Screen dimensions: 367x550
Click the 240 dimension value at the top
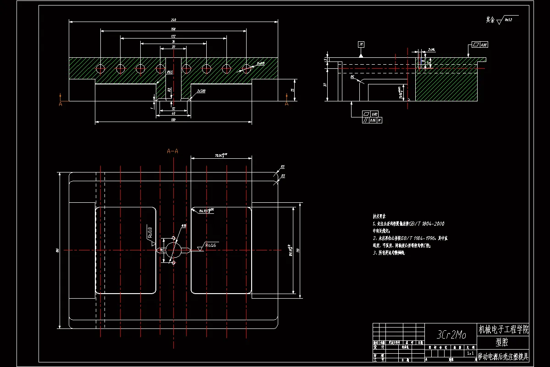tap(174, 20)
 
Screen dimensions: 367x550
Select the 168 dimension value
tap(174, 29)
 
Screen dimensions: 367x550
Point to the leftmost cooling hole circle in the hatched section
tap(100, 68)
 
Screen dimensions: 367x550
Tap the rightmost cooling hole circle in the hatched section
tap(247, 68)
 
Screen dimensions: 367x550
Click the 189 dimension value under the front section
tap(174, 120)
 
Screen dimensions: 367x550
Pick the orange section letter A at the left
tap(60, 104)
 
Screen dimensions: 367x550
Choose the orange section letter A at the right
tap(287, 104)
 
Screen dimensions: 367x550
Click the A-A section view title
tap(173, 151)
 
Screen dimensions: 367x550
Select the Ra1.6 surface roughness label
tap(210, 245)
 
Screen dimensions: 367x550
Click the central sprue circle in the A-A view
tap(173, 250)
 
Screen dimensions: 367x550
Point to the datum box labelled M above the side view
tap(362, 44)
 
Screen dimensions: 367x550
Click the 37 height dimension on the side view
tap(324, 84)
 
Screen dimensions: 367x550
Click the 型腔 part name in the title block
tap(503, 342)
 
